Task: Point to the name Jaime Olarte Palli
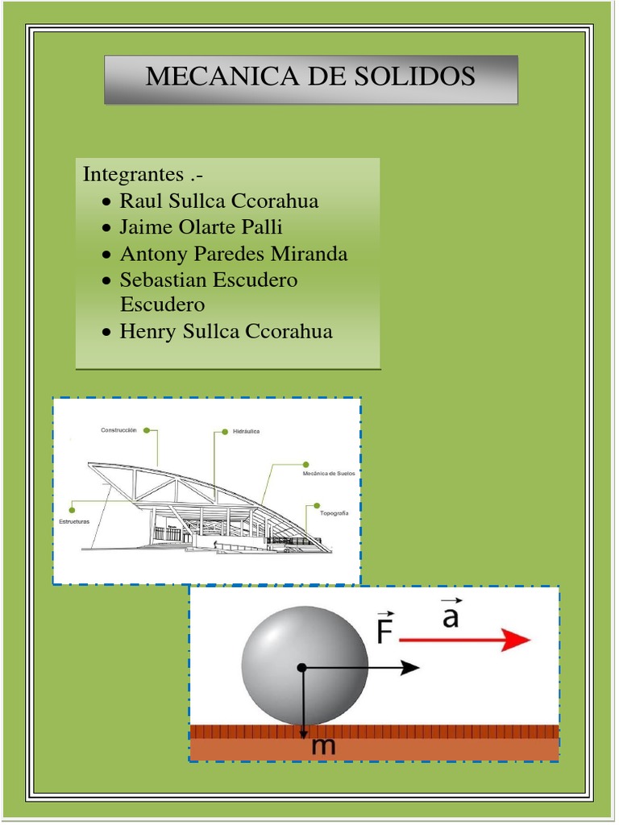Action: pos(201,227)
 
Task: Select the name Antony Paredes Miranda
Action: pos(234,254)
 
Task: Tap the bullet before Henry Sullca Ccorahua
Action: pos(107,332)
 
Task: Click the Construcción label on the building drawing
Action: pos(120,430)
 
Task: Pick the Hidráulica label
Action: pos(246,432)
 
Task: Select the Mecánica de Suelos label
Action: pos(328,474)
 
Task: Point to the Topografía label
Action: pos(334,513)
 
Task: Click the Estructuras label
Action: pos(74,522)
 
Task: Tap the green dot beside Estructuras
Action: pos(73,509)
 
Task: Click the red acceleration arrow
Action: pos(465,641)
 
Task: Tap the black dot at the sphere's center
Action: pos(301,667)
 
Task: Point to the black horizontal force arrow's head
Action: pos(411,667)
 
